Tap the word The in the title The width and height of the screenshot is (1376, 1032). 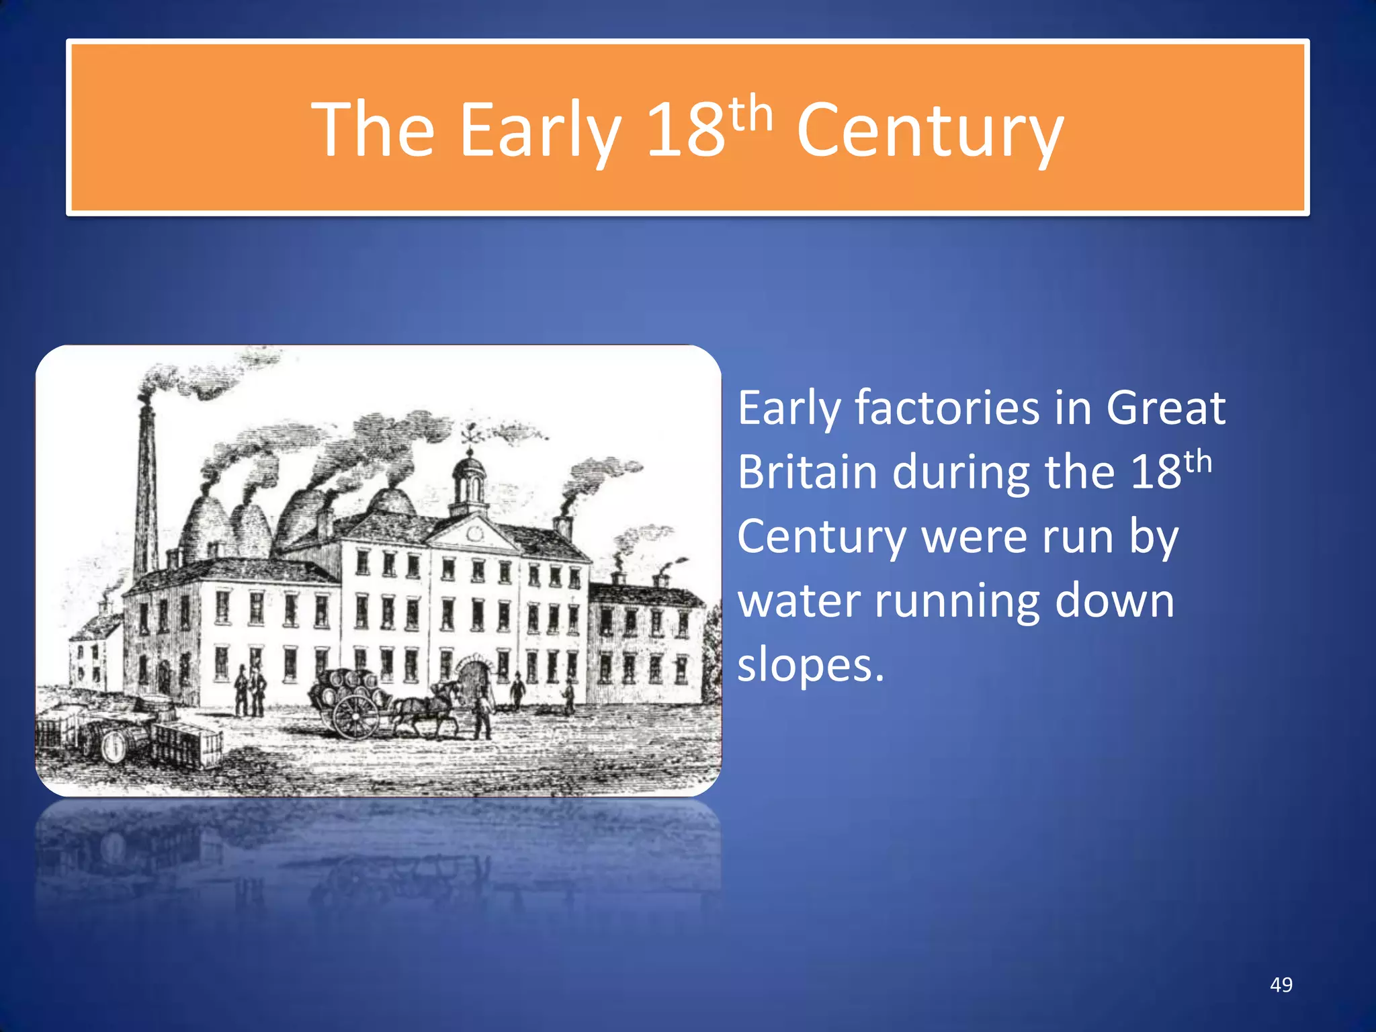pos(373,130)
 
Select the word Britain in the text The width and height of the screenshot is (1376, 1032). pos(807,472)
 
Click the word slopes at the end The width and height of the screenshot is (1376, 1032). pos(810,665)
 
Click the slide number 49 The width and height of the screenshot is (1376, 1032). pos(1281,984)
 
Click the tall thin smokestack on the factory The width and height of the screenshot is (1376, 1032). pos(146,484)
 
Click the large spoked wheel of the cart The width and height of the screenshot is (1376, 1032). pos(355,716)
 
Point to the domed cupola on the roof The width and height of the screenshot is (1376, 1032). pos(469,480)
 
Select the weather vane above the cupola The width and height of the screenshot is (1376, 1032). pos(470,432)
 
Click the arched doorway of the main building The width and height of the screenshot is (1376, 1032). pos(474,679)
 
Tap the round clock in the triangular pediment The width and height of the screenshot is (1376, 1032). pos(476,534)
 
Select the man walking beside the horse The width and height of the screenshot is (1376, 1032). pos(481,715)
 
